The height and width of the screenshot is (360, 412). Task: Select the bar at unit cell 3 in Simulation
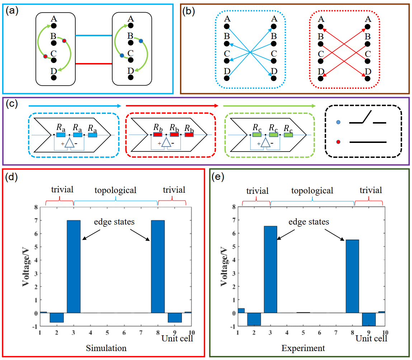click(74, 267)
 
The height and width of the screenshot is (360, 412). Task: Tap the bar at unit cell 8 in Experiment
click(352, 276)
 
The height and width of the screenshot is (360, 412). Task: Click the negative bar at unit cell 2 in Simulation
click(57, 317)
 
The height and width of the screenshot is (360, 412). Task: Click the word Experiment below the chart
click(303, 348)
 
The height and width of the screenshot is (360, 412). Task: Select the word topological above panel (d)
click(115, 190)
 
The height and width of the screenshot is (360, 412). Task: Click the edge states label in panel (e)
click(309, 222)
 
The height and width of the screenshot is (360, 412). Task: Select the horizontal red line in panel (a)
click(94, 64)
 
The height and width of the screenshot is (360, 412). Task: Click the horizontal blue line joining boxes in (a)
click(94, 35)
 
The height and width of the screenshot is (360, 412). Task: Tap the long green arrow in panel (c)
click(269, 106)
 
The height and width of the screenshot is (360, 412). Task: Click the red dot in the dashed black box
click(338, 142)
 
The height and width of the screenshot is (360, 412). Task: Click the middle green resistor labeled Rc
click(274, 135)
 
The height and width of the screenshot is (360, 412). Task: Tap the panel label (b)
click(189, 11)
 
